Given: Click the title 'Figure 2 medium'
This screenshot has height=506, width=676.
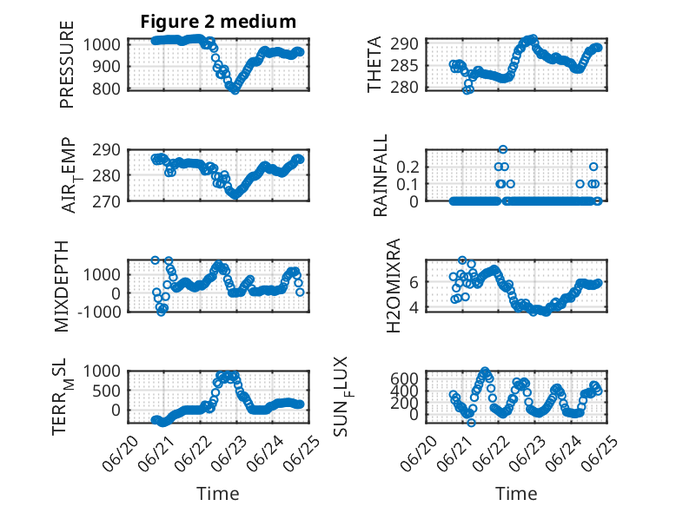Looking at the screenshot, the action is (218, 22).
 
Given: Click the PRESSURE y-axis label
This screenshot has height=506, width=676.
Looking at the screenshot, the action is (67, 64).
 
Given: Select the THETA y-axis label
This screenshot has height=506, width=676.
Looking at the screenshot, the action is (374, 64).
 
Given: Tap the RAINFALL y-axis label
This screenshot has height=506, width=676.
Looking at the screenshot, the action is (381, 175).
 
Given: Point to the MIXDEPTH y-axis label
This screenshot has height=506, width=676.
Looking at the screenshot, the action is (62, 286).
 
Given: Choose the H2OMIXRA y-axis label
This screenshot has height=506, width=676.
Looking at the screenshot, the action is (394, 286).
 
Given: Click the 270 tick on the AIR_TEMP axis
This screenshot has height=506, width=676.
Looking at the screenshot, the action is (107, 201).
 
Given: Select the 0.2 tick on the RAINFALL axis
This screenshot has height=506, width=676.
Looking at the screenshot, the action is (408, 167).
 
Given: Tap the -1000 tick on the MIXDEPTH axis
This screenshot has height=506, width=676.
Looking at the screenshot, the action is (100, 312).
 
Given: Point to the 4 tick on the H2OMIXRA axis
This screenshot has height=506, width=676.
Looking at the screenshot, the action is (414, 307).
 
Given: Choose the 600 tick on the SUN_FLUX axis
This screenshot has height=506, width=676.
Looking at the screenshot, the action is (404, 378).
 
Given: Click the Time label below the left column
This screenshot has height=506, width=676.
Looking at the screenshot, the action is (218, 493).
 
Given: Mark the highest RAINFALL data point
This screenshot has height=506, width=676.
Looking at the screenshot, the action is (503, 149).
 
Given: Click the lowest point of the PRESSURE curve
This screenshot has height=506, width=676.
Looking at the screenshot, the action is (235, 90).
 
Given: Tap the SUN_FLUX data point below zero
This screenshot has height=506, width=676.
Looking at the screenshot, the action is (471, 423).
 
